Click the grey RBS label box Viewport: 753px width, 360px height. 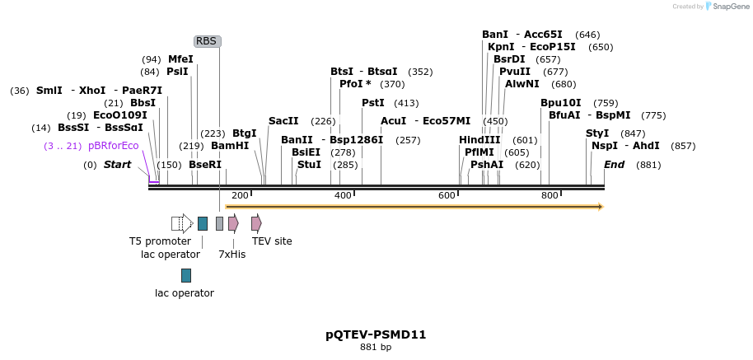pyautogui.click(x=207, y=41)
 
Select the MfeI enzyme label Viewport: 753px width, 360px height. pyautogui.click(x=180, y=59)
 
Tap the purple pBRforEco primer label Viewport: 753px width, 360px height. pyautogui.click(x=114, y=146)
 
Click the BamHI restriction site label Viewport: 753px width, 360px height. pyautogui.click(x=230, y=146)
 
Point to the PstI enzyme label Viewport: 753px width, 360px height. pyautogui.click(x=373, y=103)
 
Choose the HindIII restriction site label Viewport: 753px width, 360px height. pyautogui.click(x=479, y=140)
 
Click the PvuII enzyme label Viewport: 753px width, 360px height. pyautogui.click(x=515, y=72)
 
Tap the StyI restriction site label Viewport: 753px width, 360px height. pyautogui.click(x=597, y=133)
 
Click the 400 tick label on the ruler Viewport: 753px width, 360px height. pyautogui.click(x=344, y=195)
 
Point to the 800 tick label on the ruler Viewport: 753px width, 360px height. pyautogui.click(x=550, y=195)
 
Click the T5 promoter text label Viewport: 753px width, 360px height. pyautogui.click(x=160, y=241)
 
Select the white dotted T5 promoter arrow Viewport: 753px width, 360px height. pyautogui.click(x=182, y=223)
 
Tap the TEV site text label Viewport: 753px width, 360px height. pyautogui.click(x=272, y=241)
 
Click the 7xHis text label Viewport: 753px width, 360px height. pyautogui.click(x=232, y=255)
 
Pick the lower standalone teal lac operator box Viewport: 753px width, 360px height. pyautogui.click(x=186, y=275)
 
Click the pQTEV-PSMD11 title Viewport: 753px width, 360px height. pyautogui.click(x=376, y=334)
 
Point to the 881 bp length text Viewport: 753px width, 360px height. pyautogui.click(x=376, y=348)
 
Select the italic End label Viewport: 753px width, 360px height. pyautogui.click(x=614, y=165)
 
